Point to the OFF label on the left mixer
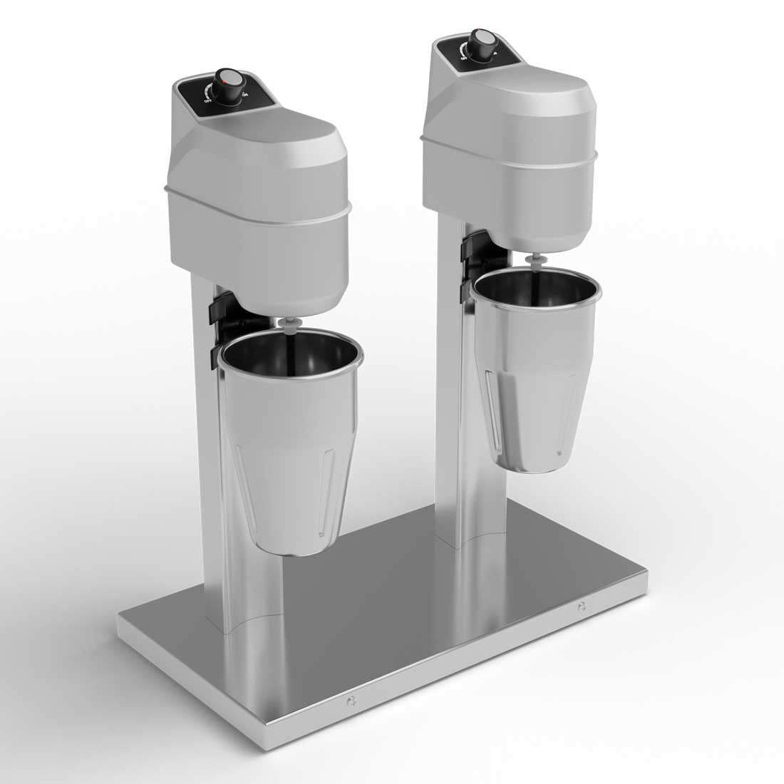[207, 101]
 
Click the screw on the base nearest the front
[349, 703]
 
